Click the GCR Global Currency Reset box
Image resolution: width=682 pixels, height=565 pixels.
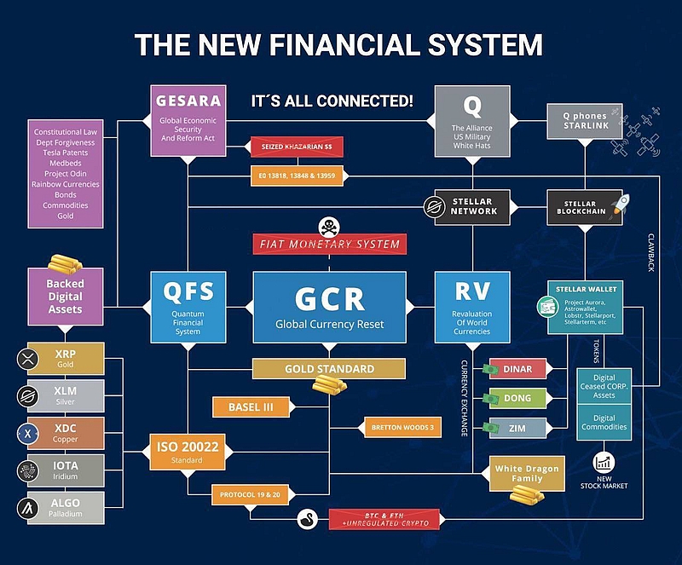pyautogui.click(x=330, y=308)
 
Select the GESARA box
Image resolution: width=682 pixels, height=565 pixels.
pyautogui.click(x=188, y=119)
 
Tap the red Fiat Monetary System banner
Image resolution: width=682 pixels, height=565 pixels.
pyautogui.click(x=330, y=245)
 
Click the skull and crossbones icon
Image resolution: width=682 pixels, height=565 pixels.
pyautogui.click(x=328, y=226)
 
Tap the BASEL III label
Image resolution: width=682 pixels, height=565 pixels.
pyautogui.click(x=251, y=407)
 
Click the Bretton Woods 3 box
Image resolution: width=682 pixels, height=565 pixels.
pyautogui.click(x=401, y=425)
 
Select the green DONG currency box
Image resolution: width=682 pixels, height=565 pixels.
pyautogui.click(x=517, y=398)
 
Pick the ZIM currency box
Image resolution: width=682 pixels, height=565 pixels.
pyautogui.click(x=517, y=427)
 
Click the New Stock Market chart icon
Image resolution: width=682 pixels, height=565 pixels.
pyautogui.click(x=603, y=464)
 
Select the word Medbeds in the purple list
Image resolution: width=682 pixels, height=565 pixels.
pyautogui.click(x=66, y=164)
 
